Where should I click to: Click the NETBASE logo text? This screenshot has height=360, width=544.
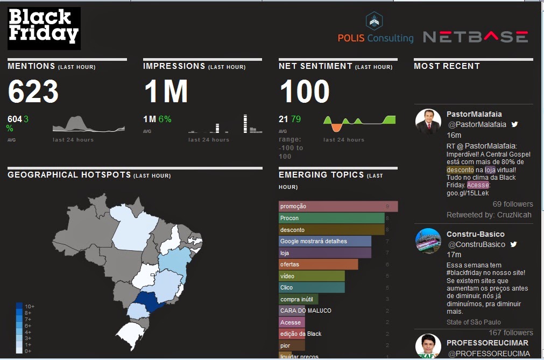[x=475, y=37]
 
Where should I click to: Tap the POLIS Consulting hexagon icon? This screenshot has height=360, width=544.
[x=375, y=21]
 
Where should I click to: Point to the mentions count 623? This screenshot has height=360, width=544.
[x=33, y=91]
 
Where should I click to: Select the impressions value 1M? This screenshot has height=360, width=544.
[x=166, y=91]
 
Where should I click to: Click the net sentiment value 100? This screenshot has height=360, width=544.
[x=305, y=91]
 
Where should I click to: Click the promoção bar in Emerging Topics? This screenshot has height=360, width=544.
[x=338, y=207]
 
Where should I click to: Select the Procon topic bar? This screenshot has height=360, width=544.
[x=331, y=218]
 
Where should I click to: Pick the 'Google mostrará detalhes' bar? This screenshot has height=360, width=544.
[x=325, y=241]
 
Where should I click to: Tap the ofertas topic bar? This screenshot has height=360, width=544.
[x=318, y=264]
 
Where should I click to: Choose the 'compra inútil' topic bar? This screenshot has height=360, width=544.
[x=299, y=299]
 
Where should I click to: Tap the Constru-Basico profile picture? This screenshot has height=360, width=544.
[x=428, y=241]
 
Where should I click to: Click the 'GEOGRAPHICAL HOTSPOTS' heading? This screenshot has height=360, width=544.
[x=69, y=175]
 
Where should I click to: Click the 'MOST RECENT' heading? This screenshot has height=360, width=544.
[x=447, y=66]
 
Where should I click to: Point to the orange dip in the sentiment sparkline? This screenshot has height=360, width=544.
[x=336, y=127]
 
